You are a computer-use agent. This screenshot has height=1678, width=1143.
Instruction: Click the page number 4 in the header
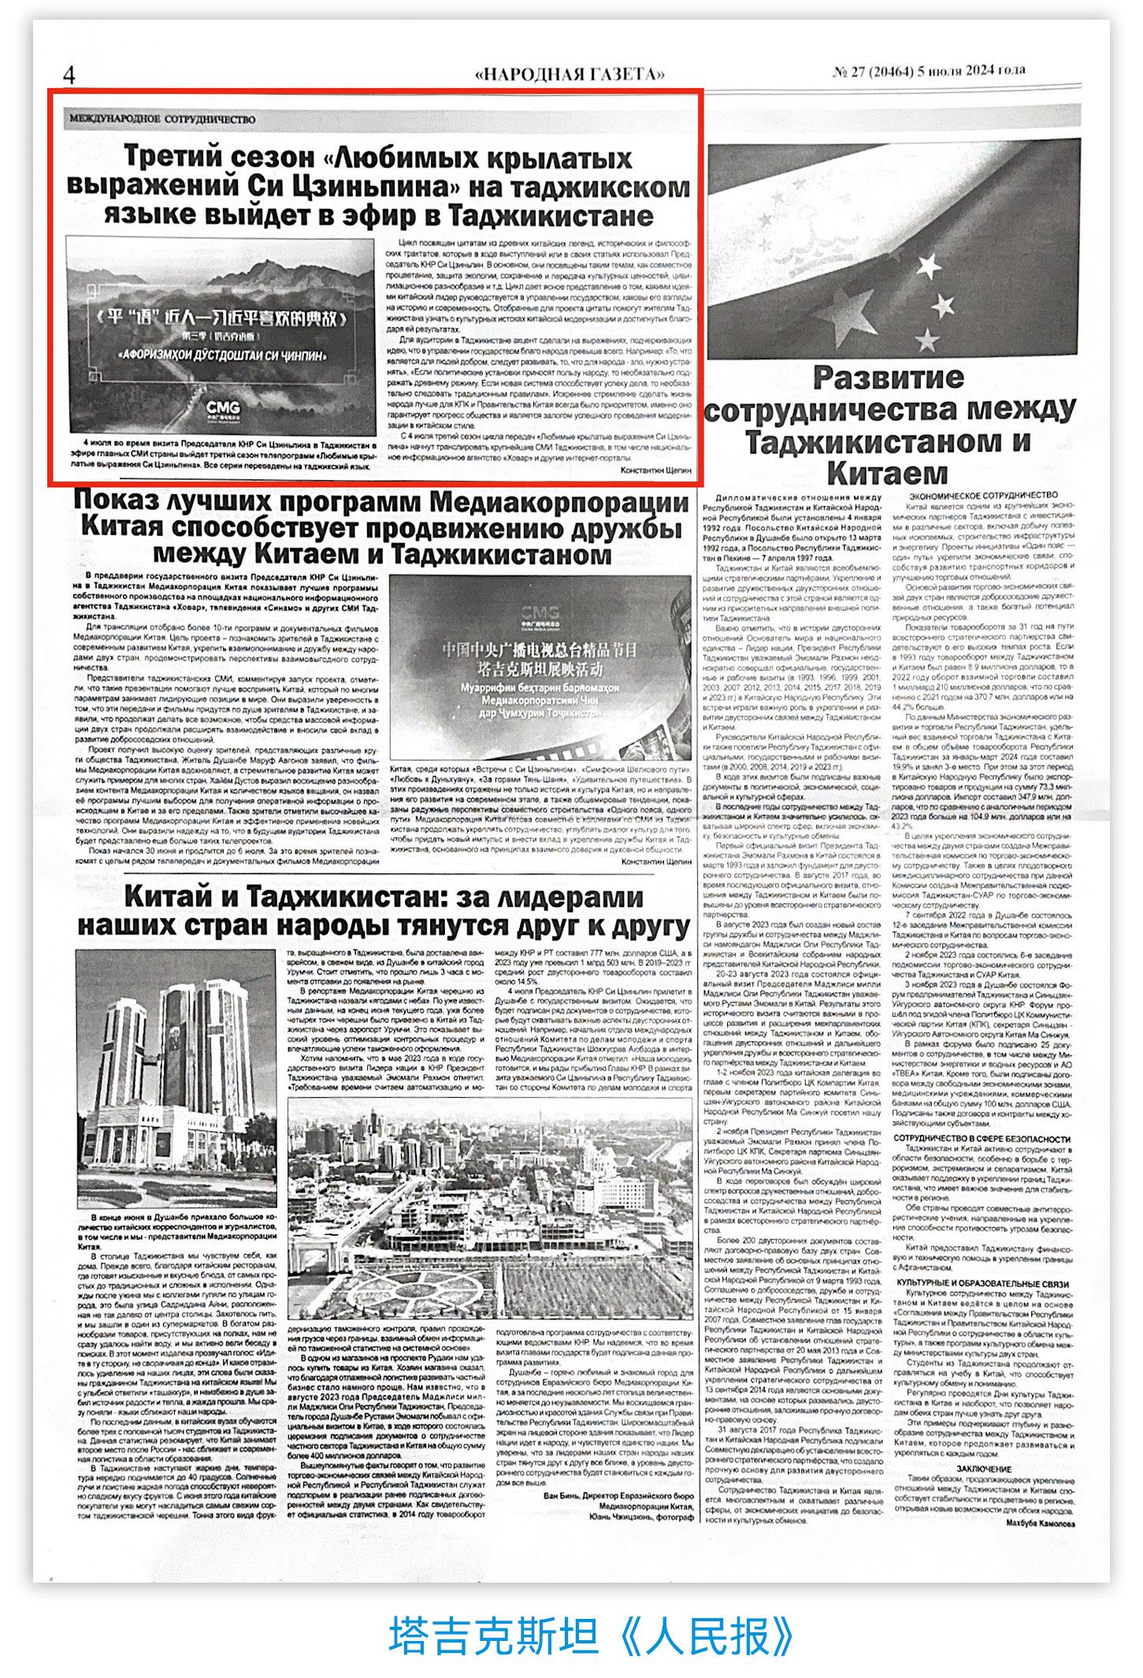69,76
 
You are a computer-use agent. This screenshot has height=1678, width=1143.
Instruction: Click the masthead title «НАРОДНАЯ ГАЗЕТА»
570,74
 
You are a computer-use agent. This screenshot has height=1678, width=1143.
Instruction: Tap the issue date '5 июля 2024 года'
973,71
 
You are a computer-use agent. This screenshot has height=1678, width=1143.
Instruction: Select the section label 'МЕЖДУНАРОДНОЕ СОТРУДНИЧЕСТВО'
162,119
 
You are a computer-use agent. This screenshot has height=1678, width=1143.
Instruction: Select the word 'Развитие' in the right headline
888,377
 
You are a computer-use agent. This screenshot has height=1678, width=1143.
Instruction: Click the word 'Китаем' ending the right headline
887,473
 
